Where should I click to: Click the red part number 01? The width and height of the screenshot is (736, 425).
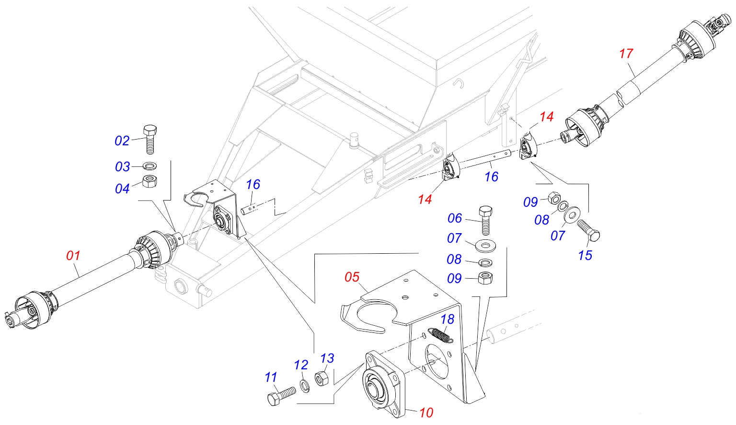(x=73, y=255)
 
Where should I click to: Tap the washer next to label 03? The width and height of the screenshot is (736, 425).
(x=150, y=166)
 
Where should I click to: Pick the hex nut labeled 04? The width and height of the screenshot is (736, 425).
(x=150, y=182)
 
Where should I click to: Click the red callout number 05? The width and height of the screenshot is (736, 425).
(x=352, y=277)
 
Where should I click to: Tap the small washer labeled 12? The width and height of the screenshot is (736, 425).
(x=304, y=384)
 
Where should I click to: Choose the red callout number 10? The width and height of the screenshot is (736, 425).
(x=426, y=412)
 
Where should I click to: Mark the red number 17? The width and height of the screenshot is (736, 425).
(x=626, y=53)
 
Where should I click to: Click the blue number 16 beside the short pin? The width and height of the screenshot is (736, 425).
(x=253, y=184)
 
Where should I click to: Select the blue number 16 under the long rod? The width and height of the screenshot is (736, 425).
(x=491, y=177)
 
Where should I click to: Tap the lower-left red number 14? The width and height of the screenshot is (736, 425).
(x=425, y=199)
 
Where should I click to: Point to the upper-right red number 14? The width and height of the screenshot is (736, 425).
(x=546, y=117)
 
